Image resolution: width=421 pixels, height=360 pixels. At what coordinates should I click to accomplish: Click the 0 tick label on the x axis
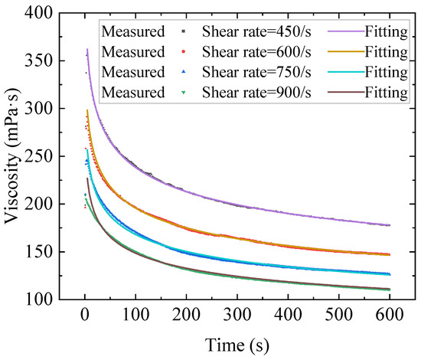point(85,316)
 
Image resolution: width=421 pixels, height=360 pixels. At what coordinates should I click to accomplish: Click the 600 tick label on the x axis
point(389,316)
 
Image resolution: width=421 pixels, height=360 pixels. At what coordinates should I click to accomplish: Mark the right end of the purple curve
point(389,225)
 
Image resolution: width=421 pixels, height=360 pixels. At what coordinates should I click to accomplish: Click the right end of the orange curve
point(389,254)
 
